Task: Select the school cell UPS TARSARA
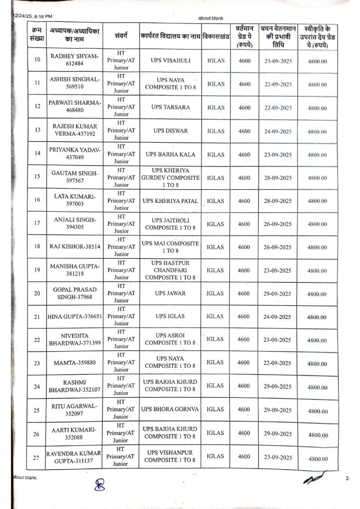click(170, 107)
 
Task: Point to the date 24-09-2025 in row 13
click(278, 131)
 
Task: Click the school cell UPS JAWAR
click(170, 293)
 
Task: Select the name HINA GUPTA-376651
click(74, 317)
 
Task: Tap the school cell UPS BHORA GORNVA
click(170, 409)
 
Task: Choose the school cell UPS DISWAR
click(170, 131)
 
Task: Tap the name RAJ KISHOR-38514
click(75, 247)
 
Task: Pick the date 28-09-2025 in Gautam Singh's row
click(278, 177)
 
